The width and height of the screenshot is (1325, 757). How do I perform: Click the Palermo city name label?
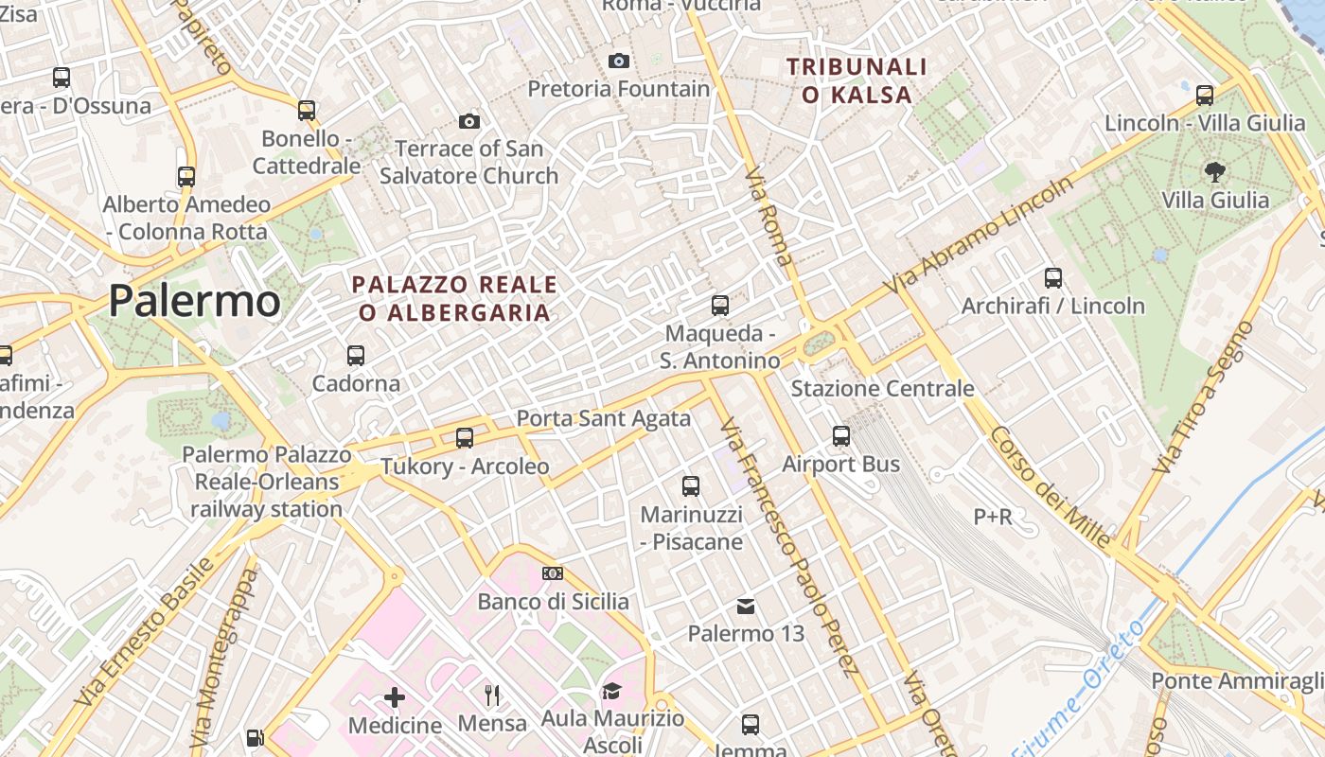194,301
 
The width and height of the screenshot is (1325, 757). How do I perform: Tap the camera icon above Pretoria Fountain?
619,62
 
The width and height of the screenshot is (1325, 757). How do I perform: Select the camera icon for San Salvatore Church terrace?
468,121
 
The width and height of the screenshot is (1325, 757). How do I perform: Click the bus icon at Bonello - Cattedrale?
306,110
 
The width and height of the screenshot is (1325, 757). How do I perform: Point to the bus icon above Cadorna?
356,356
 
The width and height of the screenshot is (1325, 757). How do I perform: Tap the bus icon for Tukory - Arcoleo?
464,438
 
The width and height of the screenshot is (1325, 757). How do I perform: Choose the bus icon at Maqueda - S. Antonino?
720,306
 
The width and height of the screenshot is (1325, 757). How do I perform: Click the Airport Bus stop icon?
841,436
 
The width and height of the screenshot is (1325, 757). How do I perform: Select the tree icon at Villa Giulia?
1214,171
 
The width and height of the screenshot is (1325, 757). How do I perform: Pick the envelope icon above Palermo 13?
746,606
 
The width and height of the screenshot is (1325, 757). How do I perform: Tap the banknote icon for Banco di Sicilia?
553,573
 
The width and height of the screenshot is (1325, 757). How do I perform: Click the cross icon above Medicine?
395,697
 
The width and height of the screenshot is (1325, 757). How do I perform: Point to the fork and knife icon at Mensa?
492,695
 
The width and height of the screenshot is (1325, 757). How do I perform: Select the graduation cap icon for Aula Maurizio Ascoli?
611,691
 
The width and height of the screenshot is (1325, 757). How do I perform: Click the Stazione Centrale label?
882,388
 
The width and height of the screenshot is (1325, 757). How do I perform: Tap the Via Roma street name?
768,218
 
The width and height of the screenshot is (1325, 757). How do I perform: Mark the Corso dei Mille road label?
1051,487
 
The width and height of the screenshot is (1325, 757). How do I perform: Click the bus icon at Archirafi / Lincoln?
1053,278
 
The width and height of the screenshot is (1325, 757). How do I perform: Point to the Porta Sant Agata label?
603,418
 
